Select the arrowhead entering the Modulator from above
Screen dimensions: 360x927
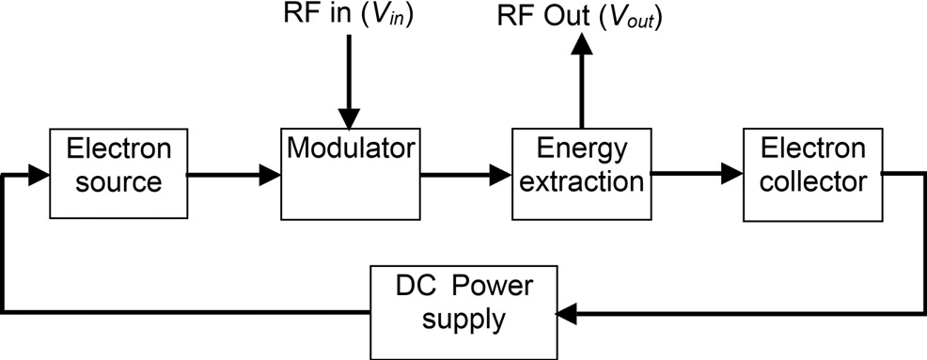coord(349,119)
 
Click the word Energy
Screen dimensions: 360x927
coord(580,150)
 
